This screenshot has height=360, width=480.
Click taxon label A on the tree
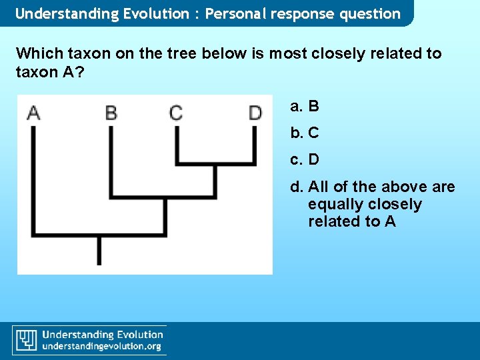point(33,112)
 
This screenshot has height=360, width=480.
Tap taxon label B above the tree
point(111,112)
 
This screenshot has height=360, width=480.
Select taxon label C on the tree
point(176,112)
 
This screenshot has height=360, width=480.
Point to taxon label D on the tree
point(255,112)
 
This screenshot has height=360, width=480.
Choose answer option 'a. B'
point(305,106)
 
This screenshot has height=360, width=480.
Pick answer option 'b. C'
point(305,133)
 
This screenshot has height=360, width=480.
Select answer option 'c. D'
point(305,159)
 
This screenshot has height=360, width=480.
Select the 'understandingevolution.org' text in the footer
point(102,347)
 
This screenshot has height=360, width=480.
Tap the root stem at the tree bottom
point(99,250)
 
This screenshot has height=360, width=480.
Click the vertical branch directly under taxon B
point(111,160)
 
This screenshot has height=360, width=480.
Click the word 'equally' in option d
point(333,204)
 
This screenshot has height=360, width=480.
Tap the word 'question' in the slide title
point(369,13)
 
